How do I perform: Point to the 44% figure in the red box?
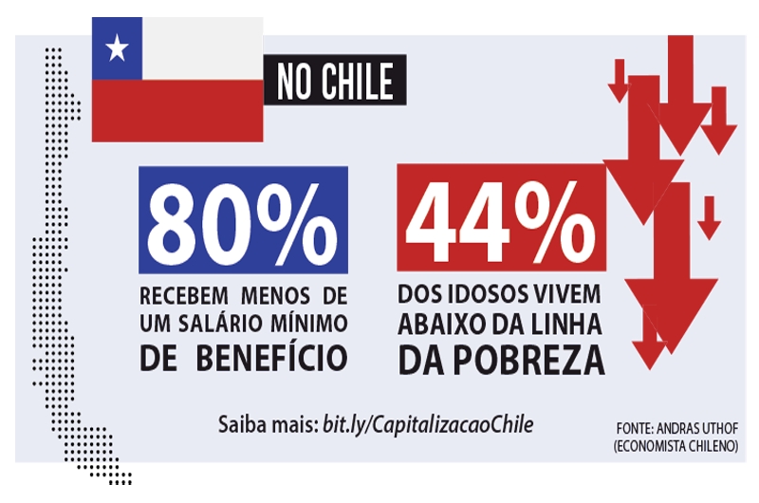(500, 220)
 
